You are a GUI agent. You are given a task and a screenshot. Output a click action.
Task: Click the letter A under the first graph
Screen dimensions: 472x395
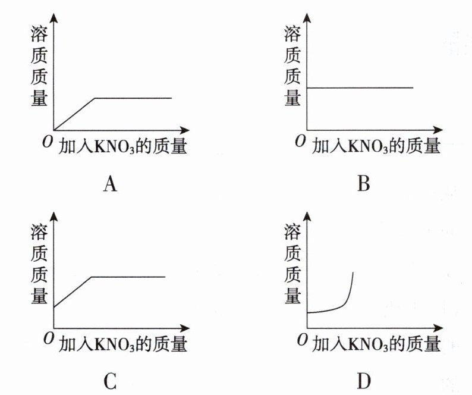pyautogui.click(x=109, y=184)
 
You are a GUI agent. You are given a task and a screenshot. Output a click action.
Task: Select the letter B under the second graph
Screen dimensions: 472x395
pyautogui.click(x=364, y=184)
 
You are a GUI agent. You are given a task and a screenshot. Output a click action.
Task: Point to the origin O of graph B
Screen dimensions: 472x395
pyautogui.click(x=300, y=141)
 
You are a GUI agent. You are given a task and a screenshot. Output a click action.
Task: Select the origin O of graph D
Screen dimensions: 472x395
pyautogui.click(x=300, y=338)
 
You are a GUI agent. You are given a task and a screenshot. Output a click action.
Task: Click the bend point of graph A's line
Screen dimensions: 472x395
pyautogui.click(x=95, y=98)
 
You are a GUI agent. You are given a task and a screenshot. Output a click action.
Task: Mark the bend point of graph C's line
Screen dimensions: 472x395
pyautogui.click(x=91, y=277)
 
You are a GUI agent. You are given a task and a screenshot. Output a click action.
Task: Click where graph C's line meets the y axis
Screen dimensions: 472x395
pyautogui.click(x=54, y=308)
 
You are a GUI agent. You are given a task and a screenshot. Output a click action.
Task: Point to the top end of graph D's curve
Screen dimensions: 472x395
pyautogui.click(x=354, y=272)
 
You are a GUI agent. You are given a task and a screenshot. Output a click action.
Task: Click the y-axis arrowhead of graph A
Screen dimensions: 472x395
pyautogui.click(x=54, y=17)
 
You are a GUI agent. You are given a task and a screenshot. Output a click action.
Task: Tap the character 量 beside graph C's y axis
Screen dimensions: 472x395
pyautogui.click(x=39, y=295)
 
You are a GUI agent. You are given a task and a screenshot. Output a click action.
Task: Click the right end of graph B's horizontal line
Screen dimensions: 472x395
pyautogui.click(x=413, y=87)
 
